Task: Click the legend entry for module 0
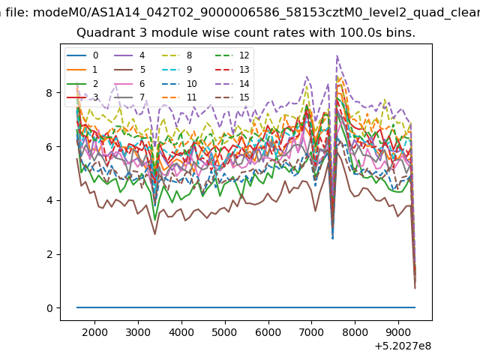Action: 82,55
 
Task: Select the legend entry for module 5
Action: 130,70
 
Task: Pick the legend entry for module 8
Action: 177,55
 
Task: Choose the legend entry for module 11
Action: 178,97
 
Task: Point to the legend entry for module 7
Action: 130,97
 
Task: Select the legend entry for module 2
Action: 82,83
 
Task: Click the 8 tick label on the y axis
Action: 49,93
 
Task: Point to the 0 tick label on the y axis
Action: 49,308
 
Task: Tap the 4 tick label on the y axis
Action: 49,200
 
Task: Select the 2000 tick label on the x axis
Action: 94,332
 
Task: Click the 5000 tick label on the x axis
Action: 225,332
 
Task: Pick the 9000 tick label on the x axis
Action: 398,332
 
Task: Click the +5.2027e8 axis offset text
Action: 403,346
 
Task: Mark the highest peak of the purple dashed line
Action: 337,55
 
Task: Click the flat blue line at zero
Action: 246,307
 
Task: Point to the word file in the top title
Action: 17,13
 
